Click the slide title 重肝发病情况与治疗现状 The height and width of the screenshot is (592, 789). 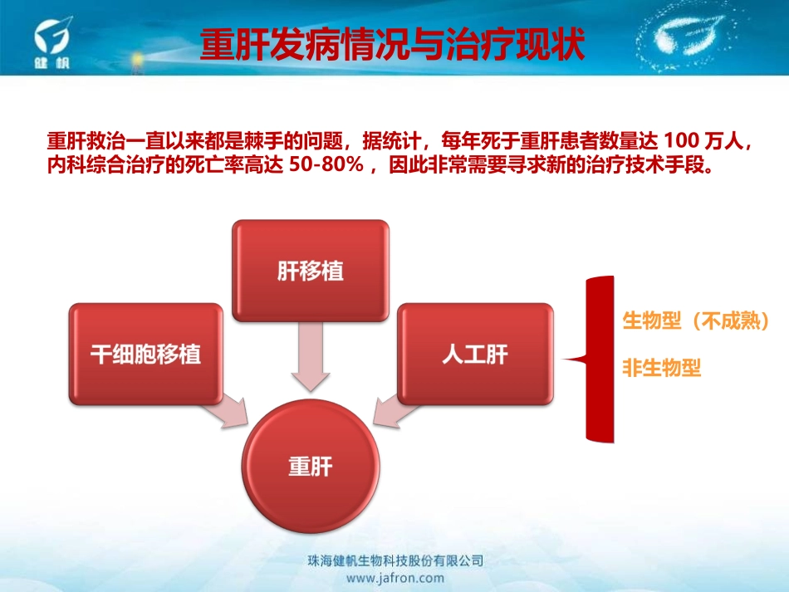pyautogui.click(x=393, y=45)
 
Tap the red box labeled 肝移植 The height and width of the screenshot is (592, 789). pyautogui.click(x=311, y=271)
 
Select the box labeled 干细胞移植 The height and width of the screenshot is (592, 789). pyautogui.click(x=146, y=354)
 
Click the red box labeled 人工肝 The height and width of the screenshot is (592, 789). pyautogui.click(x=475, y=354)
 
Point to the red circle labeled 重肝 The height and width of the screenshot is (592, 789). pyautogui.click(x=311, y=467)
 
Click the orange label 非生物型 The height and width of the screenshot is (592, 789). pyautogui.click(x=662, y=368)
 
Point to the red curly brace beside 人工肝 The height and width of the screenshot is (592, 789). pyautogui.click(x=591, y=360)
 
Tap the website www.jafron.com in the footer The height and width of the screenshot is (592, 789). pyautogui.click(x=394, y=578)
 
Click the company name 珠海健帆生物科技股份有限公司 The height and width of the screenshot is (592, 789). pyautogui.click(x=394, y=561)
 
